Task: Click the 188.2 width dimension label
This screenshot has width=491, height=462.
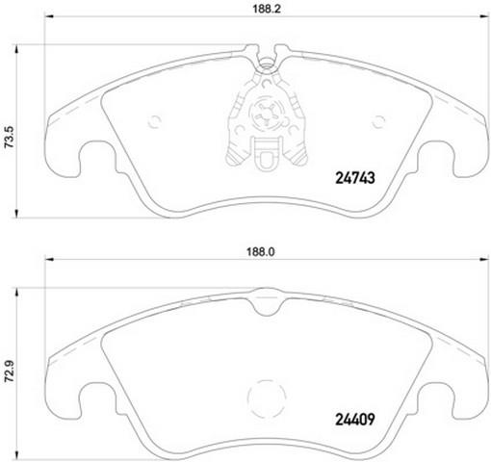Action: click(267, 9)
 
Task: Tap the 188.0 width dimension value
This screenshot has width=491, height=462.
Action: click(260, 252)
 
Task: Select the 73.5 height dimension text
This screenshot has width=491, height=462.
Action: click(10, 137)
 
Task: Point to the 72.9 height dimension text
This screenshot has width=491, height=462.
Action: click(10, 372)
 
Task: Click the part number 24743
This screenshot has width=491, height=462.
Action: click(355, 178)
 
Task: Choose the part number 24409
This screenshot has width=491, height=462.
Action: click(355, 419)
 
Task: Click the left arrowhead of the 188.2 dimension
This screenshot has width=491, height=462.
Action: click(48, 16)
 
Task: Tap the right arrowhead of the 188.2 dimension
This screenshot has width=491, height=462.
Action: click(483, 16)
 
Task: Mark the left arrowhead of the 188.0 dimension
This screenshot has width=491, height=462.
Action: click(48, 259)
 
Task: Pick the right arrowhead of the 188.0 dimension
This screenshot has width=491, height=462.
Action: click(483, 259)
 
